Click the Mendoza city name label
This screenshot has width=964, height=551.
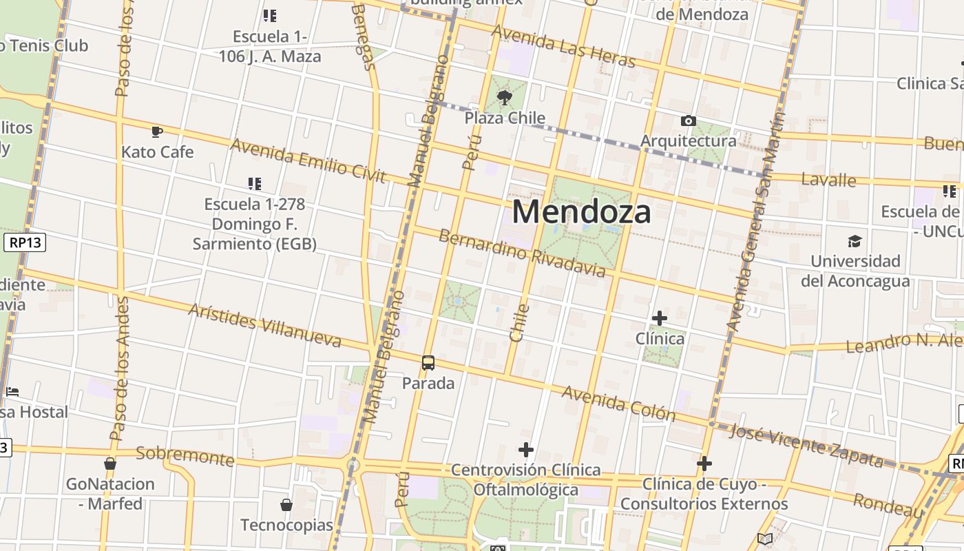[x=581, y=211]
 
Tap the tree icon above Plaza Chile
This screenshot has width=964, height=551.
[x=505, y=98]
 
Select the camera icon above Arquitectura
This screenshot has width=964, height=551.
[x=688, y=121]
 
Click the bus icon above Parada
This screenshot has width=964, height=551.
[x=428, y=362]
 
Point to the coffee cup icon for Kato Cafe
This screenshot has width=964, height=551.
[x=157, y=131]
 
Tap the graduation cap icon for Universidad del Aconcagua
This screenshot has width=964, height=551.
[x=855, y=241]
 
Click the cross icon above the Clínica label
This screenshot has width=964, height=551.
[x=660, y=318]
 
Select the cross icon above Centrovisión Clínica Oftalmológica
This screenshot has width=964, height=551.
[x=526, y=450]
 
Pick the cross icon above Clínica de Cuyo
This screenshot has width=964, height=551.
[x=704, y=464]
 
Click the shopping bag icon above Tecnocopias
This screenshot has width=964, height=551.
[x=286, y=505]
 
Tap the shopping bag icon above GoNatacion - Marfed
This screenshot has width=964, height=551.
[x=110, y=464]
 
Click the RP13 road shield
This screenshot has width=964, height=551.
[x=25, y=242]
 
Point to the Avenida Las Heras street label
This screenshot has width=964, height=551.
[x=563, y=46]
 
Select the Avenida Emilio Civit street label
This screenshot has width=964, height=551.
[x=308, y=160]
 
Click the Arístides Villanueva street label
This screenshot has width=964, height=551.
[x=264, y=325]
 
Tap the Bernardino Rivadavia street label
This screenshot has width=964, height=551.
[x=522, y=253]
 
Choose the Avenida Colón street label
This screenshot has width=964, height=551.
[x=618, y=403]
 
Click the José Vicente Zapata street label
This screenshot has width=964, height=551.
[x=806, y=445]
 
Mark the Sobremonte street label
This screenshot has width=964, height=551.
[x=185, y=455]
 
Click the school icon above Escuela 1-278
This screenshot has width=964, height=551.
[x=255, y=184]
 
